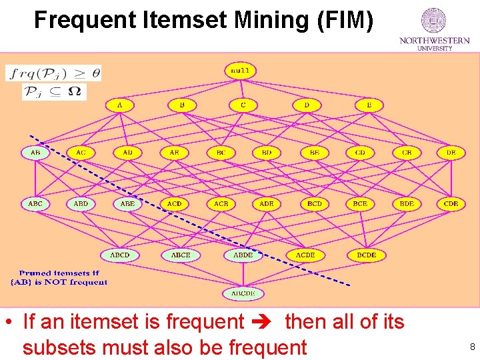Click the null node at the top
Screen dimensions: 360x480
240,70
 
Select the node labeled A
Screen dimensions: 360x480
119,105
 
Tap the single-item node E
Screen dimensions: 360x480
369,105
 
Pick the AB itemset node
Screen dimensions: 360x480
35,153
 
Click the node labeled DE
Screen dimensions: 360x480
451,153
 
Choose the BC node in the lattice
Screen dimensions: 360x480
221,153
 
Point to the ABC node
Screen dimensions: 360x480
35,203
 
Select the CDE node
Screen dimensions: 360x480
451,203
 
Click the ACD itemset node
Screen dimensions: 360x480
174,203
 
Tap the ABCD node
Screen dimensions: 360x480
120,255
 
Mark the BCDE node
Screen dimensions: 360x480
367,255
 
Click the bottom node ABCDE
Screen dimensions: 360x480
243,293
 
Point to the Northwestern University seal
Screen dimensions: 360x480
434,21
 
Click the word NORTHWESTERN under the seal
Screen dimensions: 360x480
434,41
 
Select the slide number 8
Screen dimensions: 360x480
472,347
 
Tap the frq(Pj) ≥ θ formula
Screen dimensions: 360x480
54,73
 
